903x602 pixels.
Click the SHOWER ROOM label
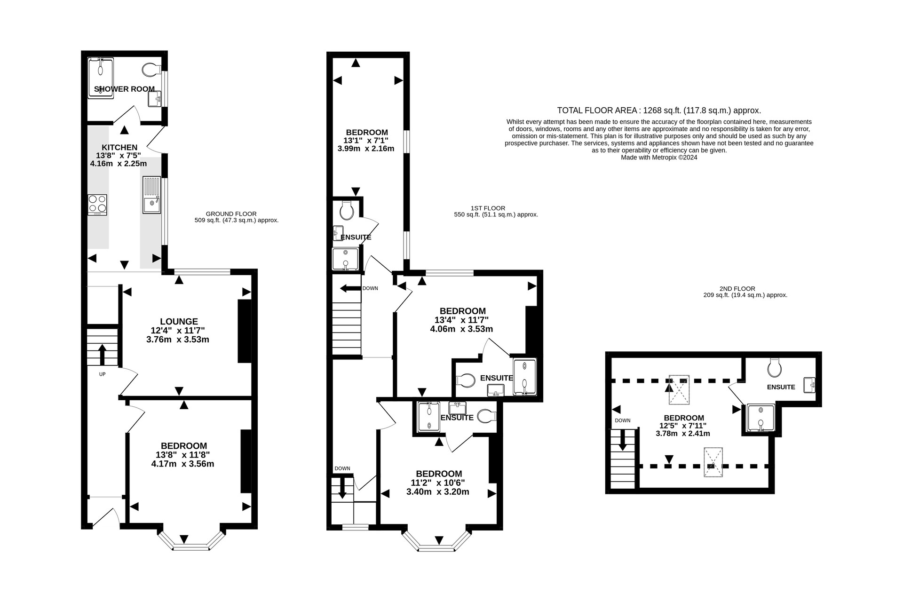click(x=124, y=89)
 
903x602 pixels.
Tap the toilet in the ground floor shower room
click(x=150, y=70)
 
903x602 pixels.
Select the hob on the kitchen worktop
click(x=97, y=205)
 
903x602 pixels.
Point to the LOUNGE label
click(x=179, y=322)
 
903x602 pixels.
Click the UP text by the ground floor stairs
click(x=102, y=374)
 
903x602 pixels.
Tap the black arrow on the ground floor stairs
click(x=102, y=355)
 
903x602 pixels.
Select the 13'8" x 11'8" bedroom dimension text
click(x=182, y=455)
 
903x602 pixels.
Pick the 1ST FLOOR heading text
click(x=488, y=208)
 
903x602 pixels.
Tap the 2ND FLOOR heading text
click(x=737, y=289)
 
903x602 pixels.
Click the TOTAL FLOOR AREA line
click(x=659, y=111)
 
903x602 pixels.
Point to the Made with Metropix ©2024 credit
click(x=659, y=158)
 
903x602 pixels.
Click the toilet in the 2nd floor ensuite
click(x=774, y=367)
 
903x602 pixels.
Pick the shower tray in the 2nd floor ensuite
click(x=760, y=418)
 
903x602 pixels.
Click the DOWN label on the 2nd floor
click(x=622, y=420)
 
